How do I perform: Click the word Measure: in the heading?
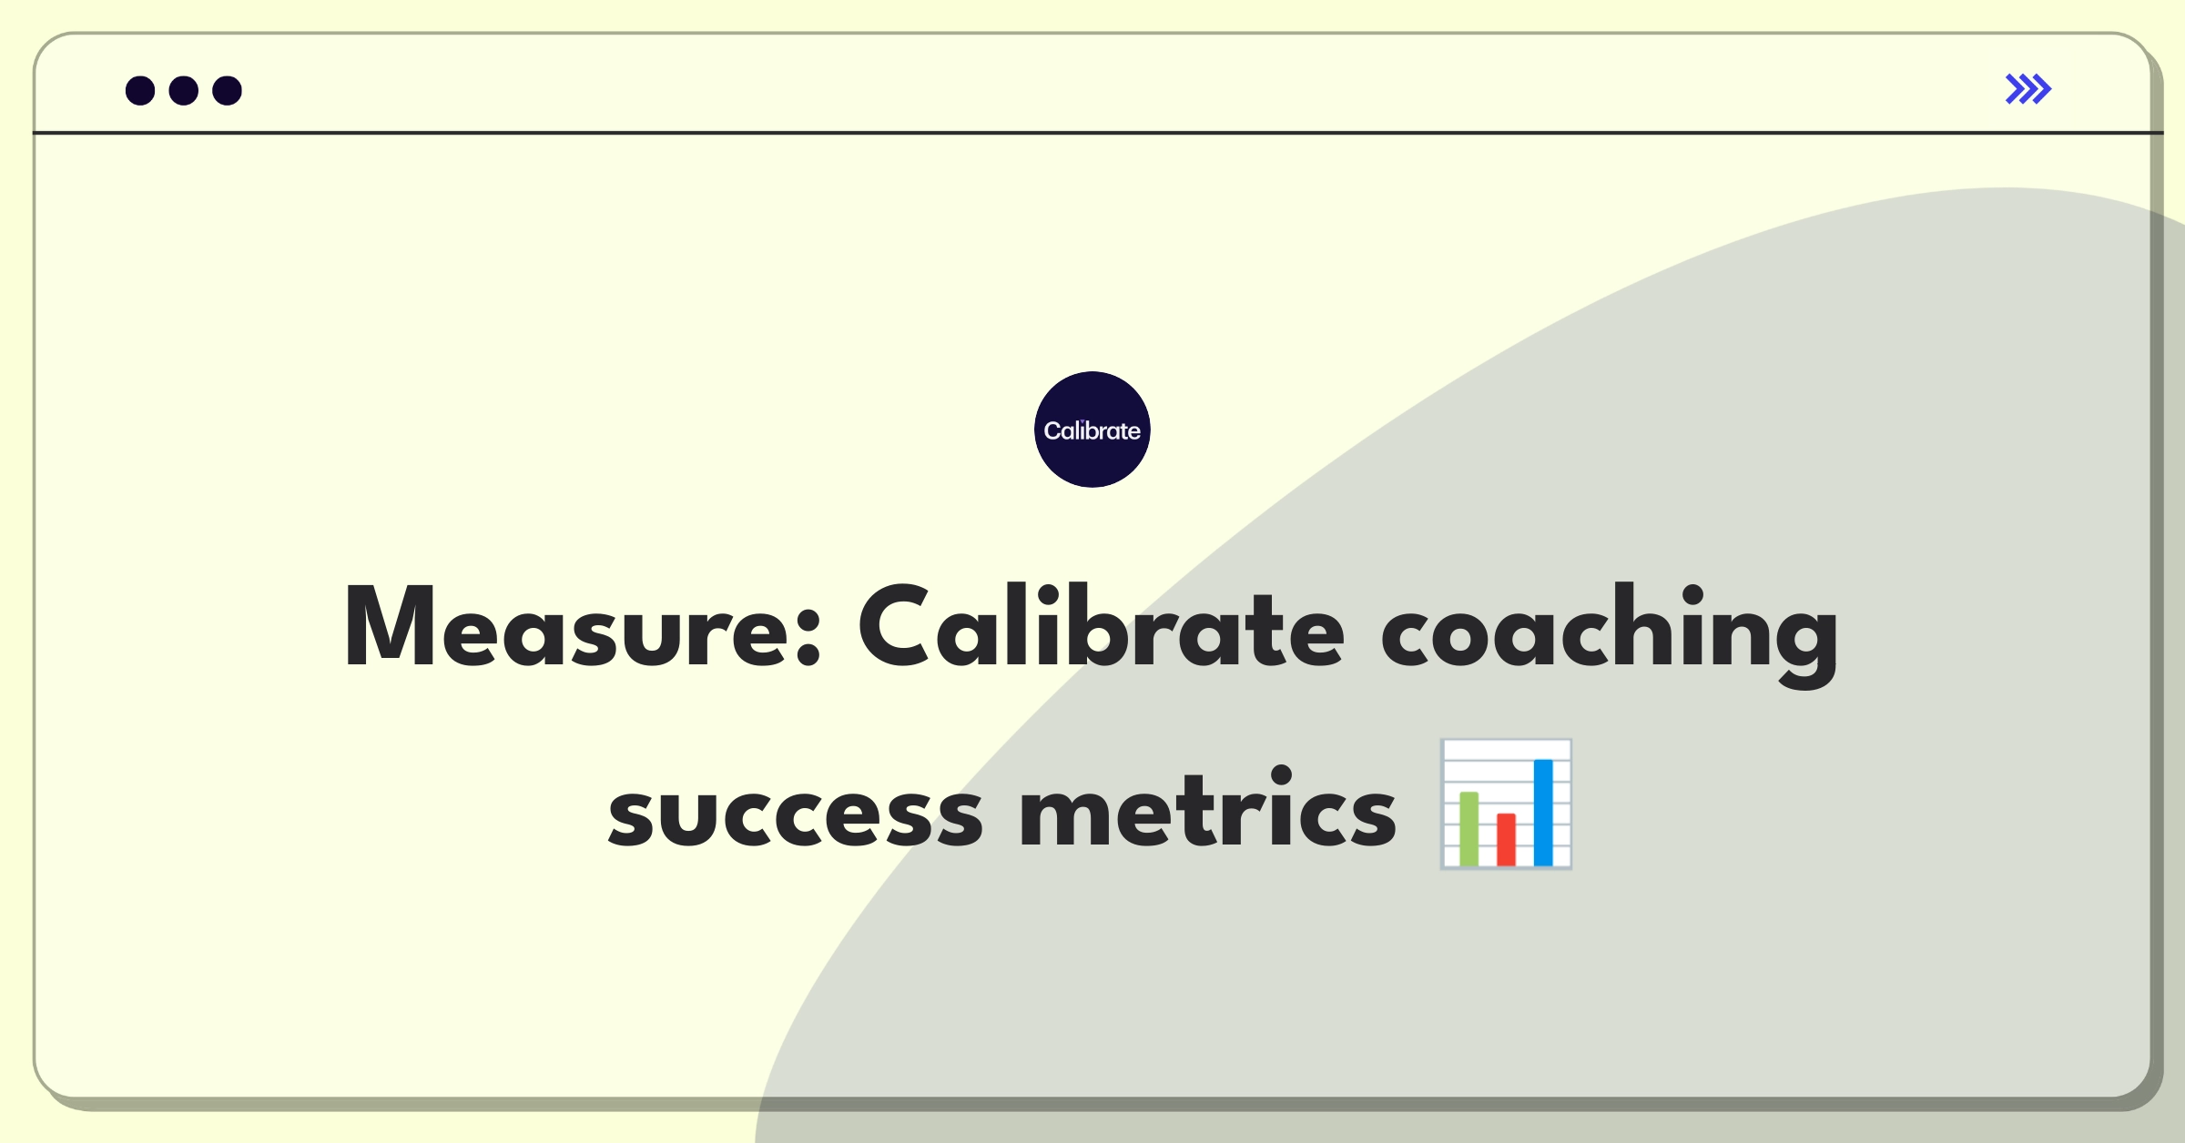point(583,627)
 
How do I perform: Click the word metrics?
point(1207,806)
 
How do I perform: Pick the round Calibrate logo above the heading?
point(1092,430)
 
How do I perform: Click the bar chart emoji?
point(1506,804)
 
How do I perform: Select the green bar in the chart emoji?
point(1469,829)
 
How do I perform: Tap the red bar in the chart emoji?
point(1506,840)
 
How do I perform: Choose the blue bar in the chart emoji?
point(1543,813)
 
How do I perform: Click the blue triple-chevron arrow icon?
point(2028,89)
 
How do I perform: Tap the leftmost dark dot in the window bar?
point(140,91)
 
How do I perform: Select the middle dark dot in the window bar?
point(184,91)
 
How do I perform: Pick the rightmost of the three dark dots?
point(228,91)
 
